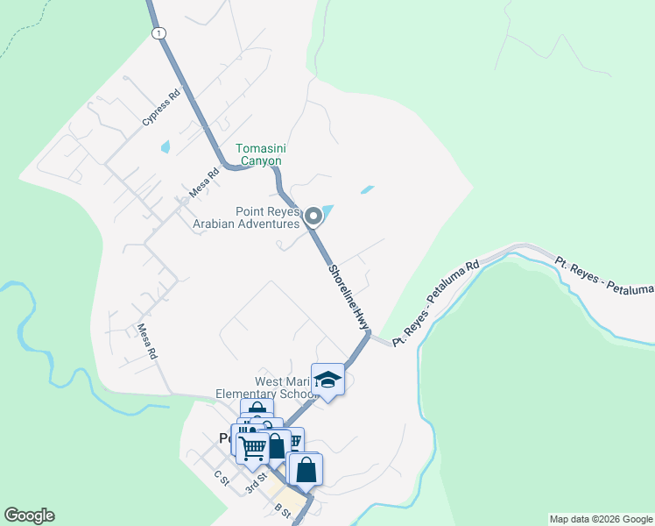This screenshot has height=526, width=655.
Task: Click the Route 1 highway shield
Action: (157, 32)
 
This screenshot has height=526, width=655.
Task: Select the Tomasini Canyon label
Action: (259, 154)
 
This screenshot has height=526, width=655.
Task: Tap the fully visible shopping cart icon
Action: (253, 448)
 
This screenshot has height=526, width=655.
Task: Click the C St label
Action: (221, 479)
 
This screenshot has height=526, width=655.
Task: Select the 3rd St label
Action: (256, 486)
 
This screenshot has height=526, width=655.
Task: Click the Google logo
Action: (29, 515)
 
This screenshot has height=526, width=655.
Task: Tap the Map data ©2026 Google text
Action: (600, 519)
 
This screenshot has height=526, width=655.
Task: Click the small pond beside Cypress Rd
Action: (165, 147)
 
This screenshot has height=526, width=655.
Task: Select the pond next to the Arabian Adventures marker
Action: (327, 211)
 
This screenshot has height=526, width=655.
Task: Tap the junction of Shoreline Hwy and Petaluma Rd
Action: (370, 334)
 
